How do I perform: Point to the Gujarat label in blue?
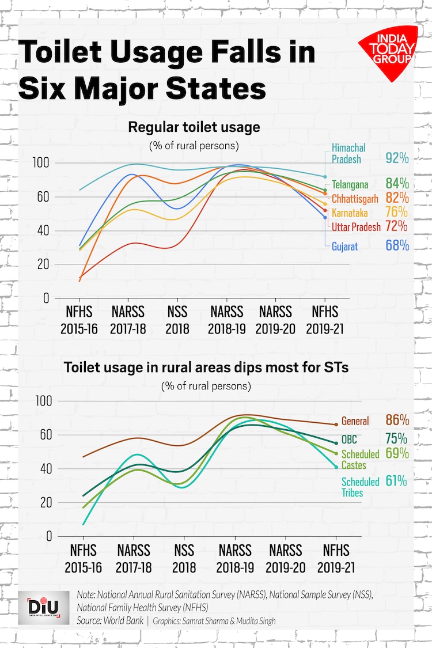(x=344, y=246)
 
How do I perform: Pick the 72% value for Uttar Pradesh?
(x=397, y=226)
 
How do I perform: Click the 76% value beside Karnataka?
(x=397, y=212)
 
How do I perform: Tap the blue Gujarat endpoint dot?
(x=325, y=217)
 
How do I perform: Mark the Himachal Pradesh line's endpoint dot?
(x=325, y=177)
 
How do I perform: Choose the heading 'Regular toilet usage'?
(x=194, y=127)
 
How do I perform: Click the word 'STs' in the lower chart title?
(x=335, y=367)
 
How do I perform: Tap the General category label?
(x=355, y=421)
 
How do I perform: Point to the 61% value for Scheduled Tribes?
(x=397, y=481)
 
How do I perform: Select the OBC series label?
(x=350, y=439)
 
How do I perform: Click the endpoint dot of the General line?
(x=336, y=425)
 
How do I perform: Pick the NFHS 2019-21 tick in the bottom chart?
(x=336, y=558)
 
